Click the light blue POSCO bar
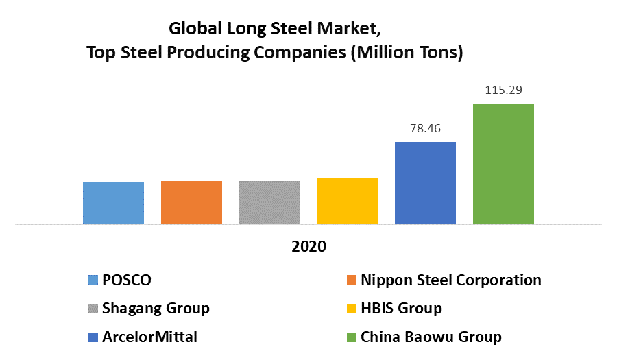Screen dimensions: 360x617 (x=113, y=203)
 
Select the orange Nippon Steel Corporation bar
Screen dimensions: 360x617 (x=191, y=202)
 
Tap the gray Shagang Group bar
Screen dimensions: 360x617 (x=269, y=202)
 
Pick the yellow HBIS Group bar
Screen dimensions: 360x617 (x=348, y=201)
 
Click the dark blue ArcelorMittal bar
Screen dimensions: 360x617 (x=425, y=183)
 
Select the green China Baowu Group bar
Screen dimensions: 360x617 (x=503, y=164)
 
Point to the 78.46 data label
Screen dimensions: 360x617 (x=425, y=128)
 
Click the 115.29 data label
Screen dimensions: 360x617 (x=503, y=90)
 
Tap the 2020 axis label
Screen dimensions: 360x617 (x=308, y=247)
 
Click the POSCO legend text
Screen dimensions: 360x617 (x=127, y=280)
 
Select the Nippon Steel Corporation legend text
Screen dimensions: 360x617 (x=450, y=280)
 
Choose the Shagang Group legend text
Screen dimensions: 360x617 (x=156, y=308)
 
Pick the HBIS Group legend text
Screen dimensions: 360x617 (x=401, y=308)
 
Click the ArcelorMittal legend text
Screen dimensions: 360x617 (x=151, y=337)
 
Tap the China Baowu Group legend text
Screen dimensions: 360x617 (x=431, y=337)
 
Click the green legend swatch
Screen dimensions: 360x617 (x=352, y=337)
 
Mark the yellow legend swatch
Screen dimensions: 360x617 (x=352, y=309)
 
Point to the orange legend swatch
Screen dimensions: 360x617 (x=352, y=280)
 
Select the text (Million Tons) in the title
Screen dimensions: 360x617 (x=407, y=53)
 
